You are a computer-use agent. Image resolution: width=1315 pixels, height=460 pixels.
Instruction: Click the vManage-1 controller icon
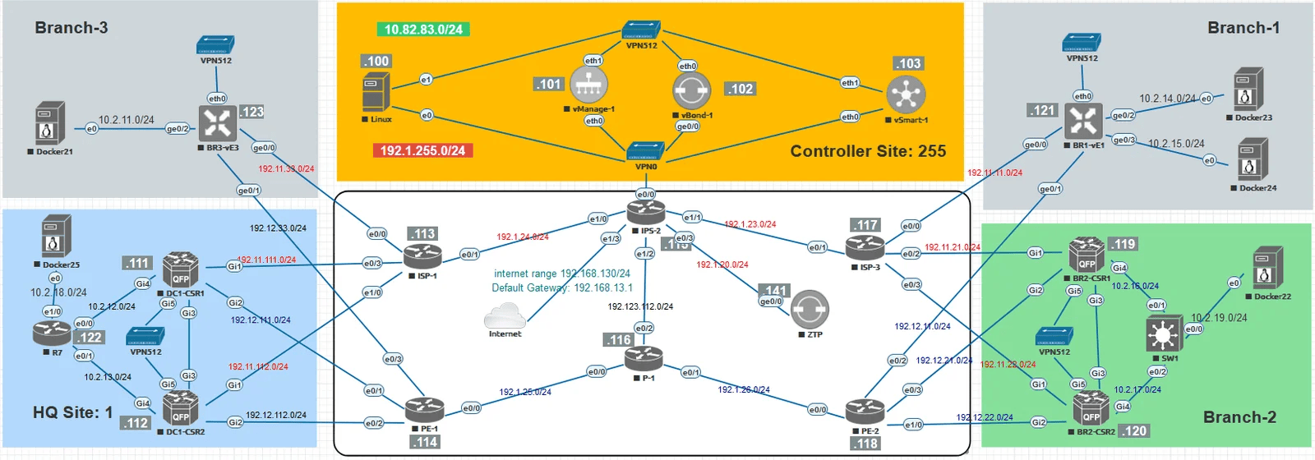point(588,85)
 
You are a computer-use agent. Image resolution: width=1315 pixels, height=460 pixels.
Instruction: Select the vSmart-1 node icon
point(906,95)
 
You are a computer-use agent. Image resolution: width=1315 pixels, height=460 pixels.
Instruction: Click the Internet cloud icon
point(505,315)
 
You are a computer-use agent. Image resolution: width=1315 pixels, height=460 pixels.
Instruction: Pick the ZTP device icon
point(810,310)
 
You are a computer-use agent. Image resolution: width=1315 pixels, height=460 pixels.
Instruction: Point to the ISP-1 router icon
point(422,257)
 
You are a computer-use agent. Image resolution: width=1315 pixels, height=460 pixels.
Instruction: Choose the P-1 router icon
point(643,359)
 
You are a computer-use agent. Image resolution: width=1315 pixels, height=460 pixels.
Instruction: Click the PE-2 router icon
point(865,411)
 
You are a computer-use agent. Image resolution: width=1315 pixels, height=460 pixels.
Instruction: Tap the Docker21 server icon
point(50,124)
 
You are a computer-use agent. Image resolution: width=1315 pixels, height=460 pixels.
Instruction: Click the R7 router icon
point(53,333)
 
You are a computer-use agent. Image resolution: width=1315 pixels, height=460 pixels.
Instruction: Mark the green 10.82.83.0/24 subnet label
point(423,30)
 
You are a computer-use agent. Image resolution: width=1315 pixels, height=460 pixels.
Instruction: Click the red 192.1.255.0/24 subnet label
point(422,150)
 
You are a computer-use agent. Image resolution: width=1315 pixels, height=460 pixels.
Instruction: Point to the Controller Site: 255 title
point(868,151)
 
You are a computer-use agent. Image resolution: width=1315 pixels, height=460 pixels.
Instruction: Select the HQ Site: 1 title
point(72,412)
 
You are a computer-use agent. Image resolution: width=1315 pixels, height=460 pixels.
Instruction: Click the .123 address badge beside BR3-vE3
point(251,112)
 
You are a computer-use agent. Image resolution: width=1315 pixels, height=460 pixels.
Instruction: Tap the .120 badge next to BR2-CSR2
point(1135,430)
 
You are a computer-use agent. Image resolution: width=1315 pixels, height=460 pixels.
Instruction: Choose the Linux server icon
point(376,92)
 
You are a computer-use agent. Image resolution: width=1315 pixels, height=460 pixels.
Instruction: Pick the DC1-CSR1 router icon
point(180,269)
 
